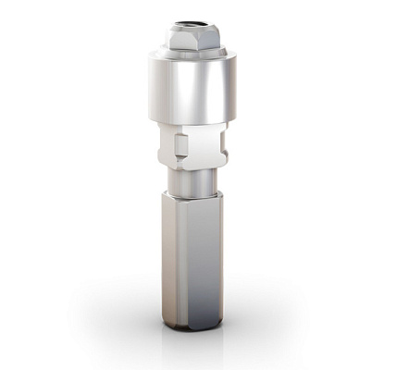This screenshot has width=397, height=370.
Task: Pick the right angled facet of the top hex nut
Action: pos(214,40)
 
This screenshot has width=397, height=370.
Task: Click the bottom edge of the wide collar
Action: pos(192,121)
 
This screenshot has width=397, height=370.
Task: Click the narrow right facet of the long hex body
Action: pos(217,259)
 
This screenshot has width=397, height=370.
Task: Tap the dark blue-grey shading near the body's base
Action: pos(194,310)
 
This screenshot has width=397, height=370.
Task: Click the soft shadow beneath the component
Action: pos(192,340)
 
